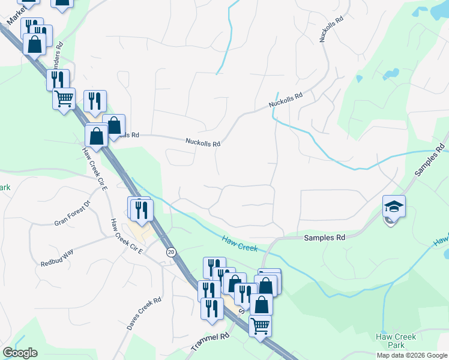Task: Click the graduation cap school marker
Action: (x=394, y=207)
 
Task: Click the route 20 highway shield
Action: (x=171, y=253)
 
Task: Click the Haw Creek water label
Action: (x=240, y=243)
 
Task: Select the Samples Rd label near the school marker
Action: (x=325, y=238)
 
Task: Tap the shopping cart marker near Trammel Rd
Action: (x=260, y=326)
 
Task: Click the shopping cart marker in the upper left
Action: (x=64, y=98)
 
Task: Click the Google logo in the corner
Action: (x=20, y=353)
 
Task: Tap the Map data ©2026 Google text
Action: (x=411, y=355)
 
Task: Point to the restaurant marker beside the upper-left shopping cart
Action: (x=94, y=101)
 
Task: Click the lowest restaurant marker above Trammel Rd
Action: (x=211, y=308)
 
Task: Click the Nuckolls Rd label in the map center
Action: (x=203, y=143)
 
